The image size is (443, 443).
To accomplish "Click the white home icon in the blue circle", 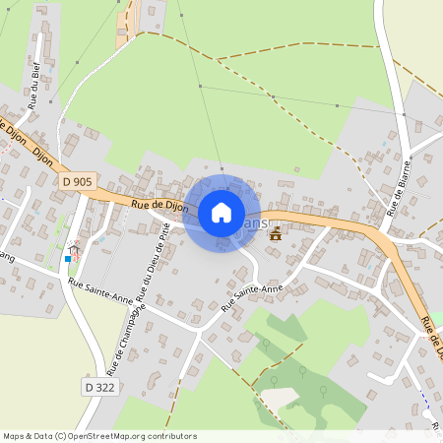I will point(221,212).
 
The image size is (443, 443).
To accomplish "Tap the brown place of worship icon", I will point(276,233).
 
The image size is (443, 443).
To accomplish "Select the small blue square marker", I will point(68,258).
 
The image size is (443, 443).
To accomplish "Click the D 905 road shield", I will point(76,181).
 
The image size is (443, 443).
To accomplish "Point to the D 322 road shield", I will point(98,388).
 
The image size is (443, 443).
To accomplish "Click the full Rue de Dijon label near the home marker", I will point(158,205).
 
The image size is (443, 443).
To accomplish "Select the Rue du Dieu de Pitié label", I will point(158,261).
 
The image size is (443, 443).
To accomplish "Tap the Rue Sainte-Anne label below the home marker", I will point(252,295).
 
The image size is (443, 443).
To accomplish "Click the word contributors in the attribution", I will point(171,436).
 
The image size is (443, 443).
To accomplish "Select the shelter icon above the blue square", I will point(74,250).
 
